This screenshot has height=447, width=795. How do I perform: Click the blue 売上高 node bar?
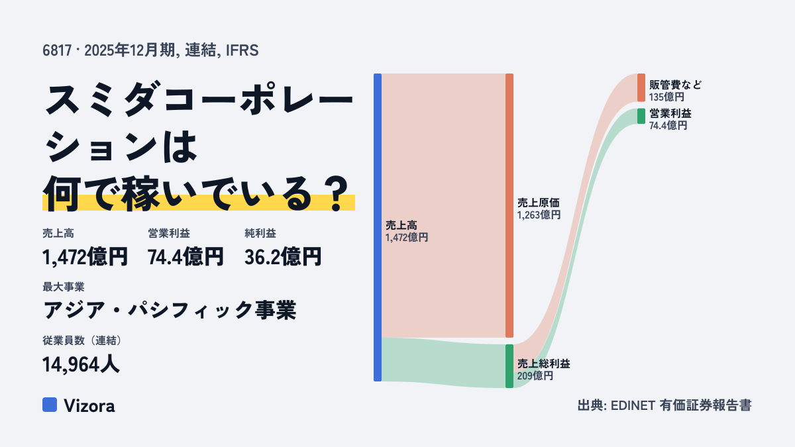point(378,227)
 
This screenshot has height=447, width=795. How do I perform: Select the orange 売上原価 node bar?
point(509,205)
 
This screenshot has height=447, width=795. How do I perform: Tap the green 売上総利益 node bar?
point(509,366)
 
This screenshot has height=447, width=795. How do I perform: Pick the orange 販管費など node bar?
point(641,87)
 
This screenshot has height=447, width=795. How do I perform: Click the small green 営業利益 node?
point(641,116)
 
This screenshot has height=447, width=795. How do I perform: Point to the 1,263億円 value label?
point(539,215)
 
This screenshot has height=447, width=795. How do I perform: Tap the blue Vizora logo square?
point(50,405)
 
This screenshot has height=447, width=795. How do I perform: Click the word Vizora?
point(89,405)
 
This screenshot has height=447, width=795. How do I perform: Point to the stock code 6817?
point(57,50)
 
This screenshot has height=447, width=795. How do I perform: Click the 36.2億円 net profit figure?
point(283,256)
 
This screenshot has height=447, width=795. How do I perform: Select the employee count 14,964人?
point(81,364)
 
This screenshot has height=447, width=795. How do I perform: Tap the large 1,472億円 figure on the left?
point(85,256)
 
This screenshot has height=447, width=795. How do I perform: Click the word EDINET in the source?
point(633,405)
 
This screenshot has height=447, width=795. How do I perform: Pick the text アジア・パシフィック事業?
point(170,310)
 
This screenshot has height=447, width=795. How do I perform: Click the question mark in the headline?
point(337,193)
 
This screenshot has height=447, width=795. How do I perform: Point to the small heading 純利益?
point(260,233)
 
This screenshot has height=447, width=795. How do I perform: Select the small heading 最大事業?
point(64,287)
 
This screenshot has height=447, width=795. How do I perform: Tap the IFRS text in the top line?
point(242,50)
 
